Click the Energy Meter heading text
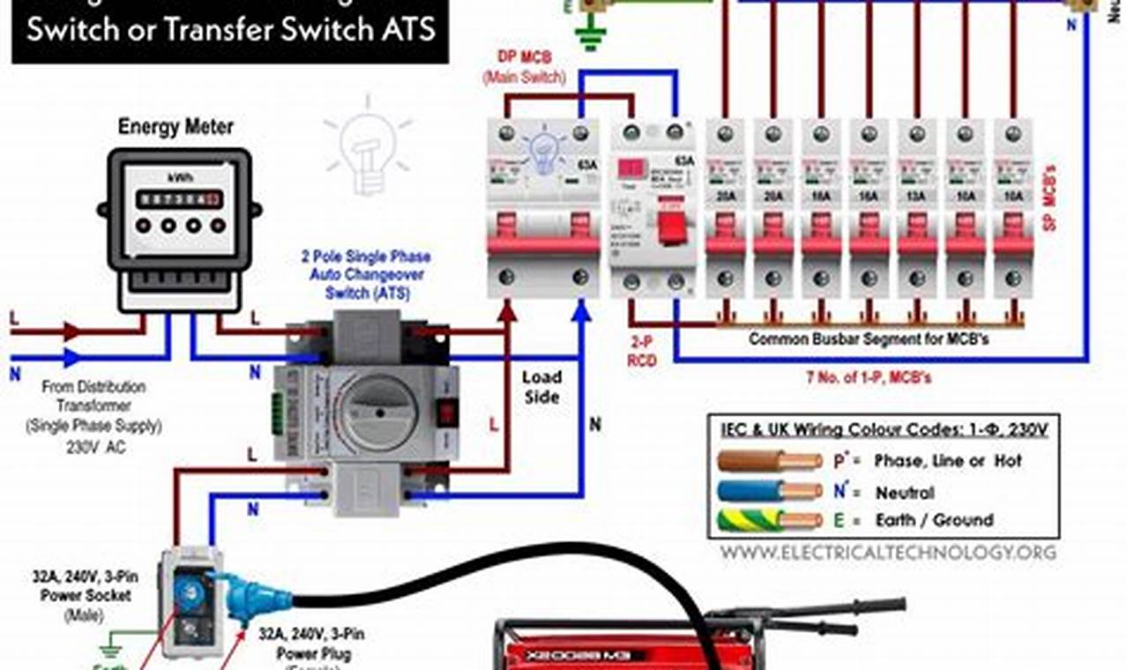point(175,127)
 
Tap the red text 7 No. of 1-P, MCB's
point(869,377)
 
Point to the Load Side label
point(541,387)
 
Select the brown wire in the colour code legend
point(767,460)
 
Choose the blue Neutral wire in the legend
point(767,491)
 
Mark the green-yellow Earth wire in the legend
point(767,520)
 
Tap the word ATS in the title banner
point(405,29)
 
